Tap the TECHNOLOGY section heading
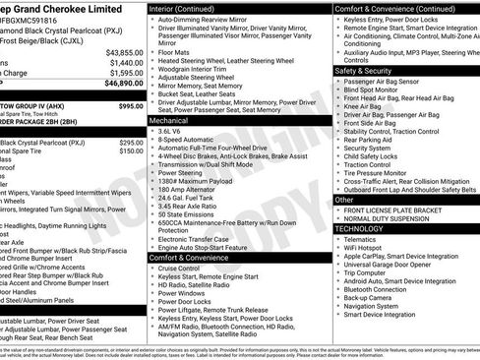360,228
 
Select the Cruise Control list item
179,269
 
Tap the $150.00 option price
131,150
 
